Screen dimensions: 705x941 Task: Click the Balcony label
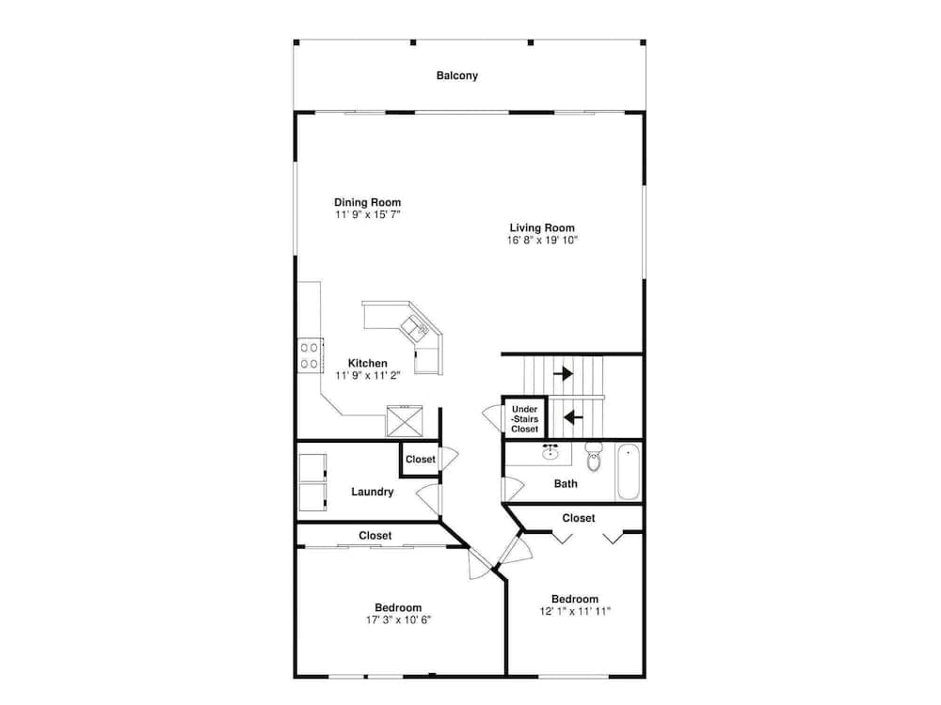[x=456, y=75]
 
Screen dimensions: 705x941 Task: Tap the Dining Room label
[x=367, y=202]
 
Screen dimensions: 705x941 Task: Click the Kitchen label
[x=367, y=363]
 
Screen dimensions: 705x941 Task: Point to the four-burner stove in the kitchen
[x=309, y=355]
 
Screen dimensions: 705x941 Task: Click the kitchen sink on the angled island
[x=414, y=327]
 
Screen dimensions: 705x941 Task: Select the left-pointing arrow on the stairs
[x=572, y=416]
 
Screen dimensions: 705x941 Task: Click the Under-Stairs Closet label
[x=524, y=419]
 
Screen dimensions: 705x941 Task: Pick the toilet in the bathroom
[x=594, y=458]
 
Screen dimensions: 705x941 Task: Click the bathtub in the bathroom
[x=629, y=473]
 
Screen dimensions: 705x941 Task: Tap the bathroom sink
[x=552, y=452]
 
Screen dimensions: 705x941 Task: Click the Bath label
[x=566, y=484]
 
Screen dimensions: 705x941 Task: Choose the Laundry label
[x=372, y=492]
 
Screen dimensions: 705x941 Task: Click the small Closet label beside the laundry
[x=421, y=460]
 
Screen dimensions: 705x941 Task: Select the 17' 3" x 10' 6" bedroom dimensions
[x=398, y=619]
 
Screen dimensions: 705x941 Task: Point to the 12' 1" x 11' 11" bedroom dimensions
[x=575, y=612]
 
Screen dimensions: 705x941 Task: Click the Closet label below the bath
[x=579, y=518]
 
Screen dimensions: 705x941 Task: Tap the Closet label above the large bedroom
[x=375, y=536]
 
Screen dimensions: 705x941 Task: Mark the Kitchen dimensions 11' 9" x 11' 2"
[x=367, y=375]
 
